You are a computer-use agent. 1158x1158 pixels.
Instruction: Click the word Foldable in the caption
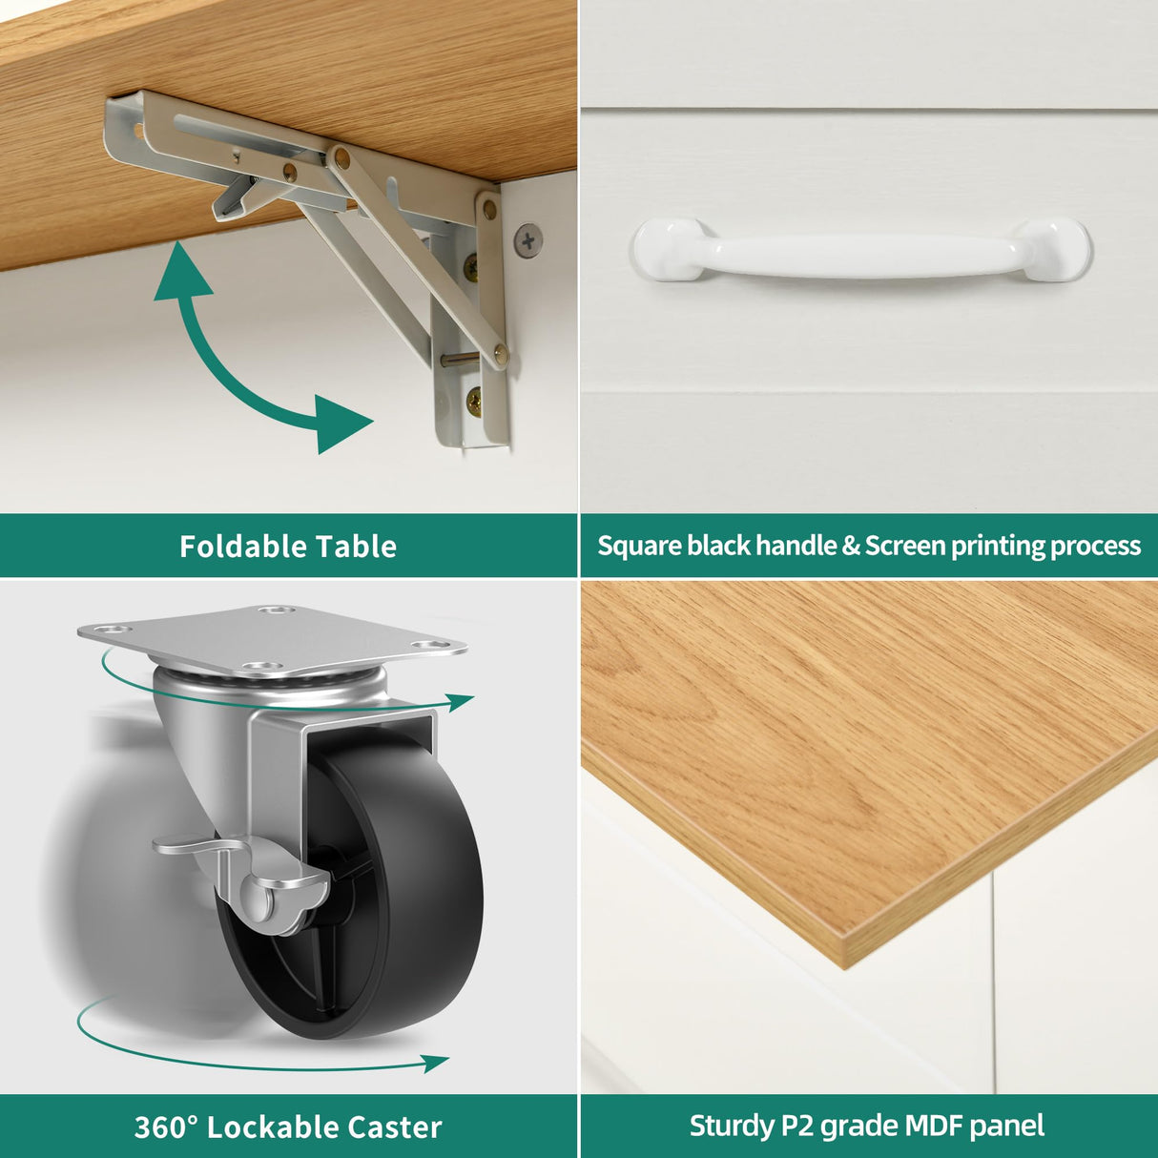[x=244, y=547]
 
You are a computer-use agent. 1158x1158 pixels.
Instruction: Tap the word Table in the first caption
[x=357, y=547]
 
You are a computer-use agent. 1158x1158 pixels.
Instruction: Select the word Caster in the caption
[x=395, y=1127]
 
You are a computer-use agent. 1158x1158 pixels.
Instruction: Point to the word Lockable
[x=273, y=1127]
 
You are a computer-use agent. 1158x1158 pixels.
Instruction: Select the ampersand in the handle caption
[x=851, y=547]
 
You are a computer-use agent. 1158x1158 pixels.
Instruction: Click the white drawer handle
[x=863, y=248]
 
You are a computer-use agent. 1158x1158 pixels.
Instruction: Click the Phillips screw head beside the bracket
[x=528, y=241]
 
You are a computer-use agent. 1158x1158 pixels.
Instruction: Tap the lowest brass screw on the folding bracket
[x=474, y=399]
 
